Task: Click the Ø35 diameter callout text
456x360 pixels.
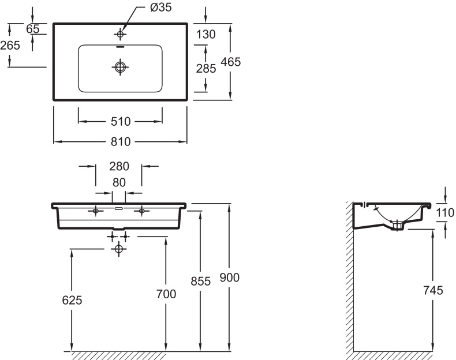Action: pyautogui.click(x=160, y=7)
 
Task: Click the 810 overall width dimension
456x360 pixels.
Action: pyautogui.click(x=121, y=142)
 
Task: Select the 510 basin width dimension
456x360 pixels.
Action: pyautogui.click(x=121, y=122)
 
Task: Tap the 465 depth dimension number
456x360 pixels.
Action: pyautogui.click(x=231, y=62)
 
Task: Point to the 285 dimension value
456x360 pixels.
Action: pyautogui.click(x=206, y=69)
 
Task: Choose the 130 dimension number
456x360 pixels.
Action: pyautogui.click(x=206, y=34)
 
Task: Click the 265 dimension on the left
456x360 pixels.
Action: pyautogui.click(x=10, y=46)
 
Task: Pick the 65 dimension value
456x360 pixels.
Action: pyautogui.click(x=32, y=29)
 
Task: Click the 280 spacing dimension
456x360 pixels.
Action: pyautogui.click(x=119, y=167)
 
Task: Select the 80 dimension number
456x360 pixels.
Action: pyautogui.click(x=119, y=182)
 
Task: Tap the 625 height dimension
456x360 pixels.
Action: pyautogui.click(x=72, y=300)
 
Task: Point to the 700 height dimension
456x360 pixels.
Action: pyautogui.click(x=166, y=294)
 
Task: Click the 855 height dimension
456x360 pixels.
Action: pyautogui.click(x=201, y=282)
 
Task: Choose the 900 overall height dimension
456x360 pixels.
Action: pyautogui.click(x=230, y=277)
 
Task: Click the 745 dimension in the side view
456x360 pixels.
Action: pyautogui.click(x=433, y=290)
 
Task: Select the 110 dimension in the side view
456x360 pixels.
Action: pyautogui.click(x=445, y=213)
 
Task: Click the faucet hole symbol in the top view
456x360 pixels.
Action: pyautogui.click(x=120, y=34)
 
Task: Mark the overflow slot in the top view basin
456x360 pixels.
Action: pyautogui.click(x=120, y=46)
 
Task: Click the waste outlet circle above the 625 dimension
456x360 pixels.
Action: pyautogui.click(x=118, y=249)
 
